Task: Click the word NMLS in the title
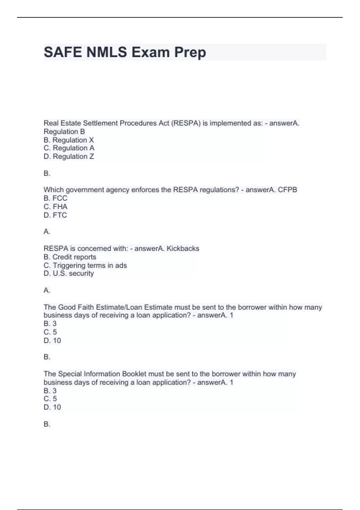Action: (x=106, y=52)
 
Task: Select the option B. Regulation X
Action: (x=69, y=140)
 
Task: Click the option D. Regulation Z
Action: (x=69, y=156)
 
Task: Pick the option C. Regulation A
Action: (x=69, y=148)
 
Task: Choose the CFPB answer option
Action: (x=287, y=190)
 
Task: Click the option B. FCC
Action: (x=55, y=198)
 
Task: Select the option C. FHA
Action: (x=55, y=206)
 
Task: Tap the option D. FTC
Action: (x=55, y=215)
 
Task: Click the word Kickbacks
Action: (x=183, y=248)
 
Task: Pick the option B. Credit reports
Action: (x=70, y=257)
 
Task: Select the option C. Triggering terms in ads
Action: (x=85, y=265)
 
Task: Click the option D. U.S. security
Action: (x=69, y=273)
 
